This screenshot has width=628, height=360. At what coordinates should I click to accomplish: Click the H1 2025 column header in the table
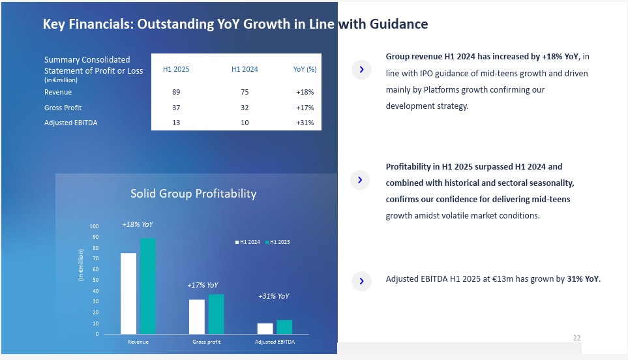176,69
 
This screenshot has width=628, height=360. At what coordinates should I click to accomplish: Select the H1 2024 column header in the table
245,69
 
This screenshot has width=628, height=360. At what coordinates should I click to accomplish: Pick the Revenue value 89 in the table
176,93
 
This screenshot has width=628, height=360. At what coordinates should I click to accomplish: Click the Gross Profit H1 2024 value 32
245,108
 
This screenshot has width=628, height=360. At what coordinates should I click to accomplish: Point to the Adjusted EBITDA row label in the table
70,123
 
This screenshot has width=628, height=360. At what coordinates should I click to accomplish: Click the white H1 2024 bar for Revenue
128,293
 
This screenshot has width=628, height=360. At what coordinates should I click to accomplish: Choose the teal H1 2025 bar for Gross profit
216,314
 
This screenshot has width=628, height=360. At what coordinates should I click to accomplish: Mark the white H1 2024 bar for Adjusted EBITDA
265,328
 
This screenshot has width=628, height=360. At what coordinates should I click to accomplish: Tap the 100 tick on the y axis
95,226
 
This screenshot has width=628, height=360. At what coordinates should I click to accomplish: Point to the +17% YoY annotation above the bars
202,285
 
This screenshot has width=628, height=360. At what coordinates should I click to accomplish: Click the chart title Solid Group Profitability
193,194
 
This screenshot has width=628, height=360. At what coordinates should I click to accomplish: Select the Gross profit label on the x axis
206,342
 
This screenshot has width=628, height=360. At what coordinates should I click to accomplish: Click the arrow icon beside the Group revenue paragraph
361,70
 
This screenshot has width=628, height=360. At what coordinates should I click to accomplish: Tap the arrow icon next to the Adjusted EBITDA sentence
361,281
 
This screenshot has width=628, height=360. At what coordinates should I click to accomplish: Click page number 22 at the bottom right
576,338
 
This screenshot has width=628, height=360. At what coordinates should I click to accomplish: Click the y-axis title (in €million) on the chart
82,265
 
